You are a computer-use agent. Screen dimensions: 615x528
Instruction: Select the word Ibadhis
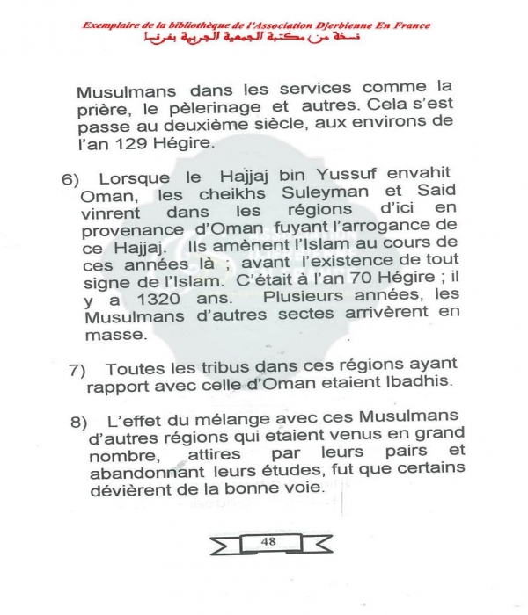[x=417, y=385]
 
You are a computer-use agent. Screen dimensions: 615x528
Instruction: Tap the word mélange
[x=223, y=418]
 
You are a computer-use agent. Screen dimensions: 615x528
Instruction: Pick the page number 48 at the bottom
[x=268, y=541]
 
